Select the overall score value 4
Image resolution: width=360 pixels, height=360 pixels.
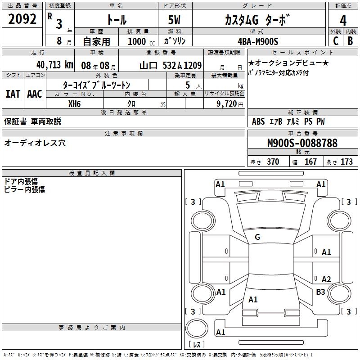(343, 20)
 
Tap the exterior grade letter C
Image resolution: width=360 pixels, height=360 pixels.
(335, 40)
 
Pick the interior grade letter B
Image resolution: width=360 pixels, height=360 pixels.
(350, 40)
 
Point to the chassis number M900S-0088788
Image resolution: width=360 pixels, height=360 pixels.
(302, 143)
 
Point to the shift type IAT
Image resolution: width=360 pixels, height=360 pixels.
(13, 94)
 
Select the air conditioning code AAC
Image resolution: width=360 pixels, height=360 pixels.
(34, 94)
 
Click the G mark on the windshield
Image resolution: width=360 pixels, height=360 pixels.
(257, 237)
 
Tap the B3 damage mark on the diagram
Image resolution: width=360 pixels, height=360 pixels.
(320, 292)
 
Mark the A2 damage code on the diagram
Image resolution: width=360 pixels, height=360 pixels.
(326, 279)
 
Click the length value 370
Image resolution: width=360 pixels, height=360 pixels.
(273, 162)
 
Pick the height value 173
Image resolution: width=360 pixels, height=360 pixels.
(346, 162)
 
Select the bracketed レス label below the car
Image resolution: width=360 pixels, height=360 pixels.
(198, 344)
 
